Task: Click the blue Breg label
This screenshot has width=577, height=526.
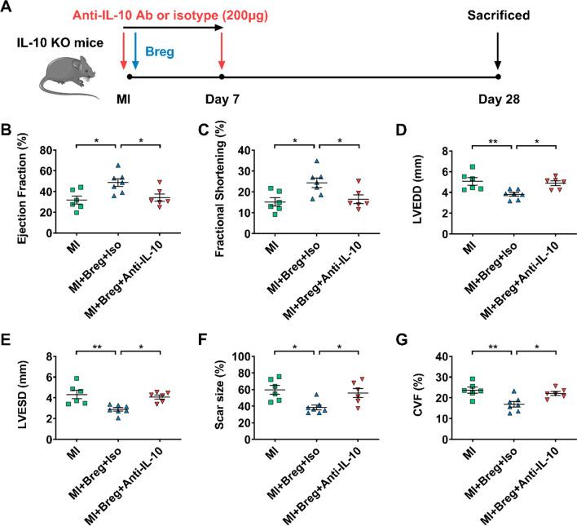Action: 160,51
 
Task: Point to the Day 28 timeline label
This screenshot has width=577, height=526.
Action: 498,101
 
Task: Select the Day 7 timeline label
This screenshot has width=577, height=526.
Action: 222,101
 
